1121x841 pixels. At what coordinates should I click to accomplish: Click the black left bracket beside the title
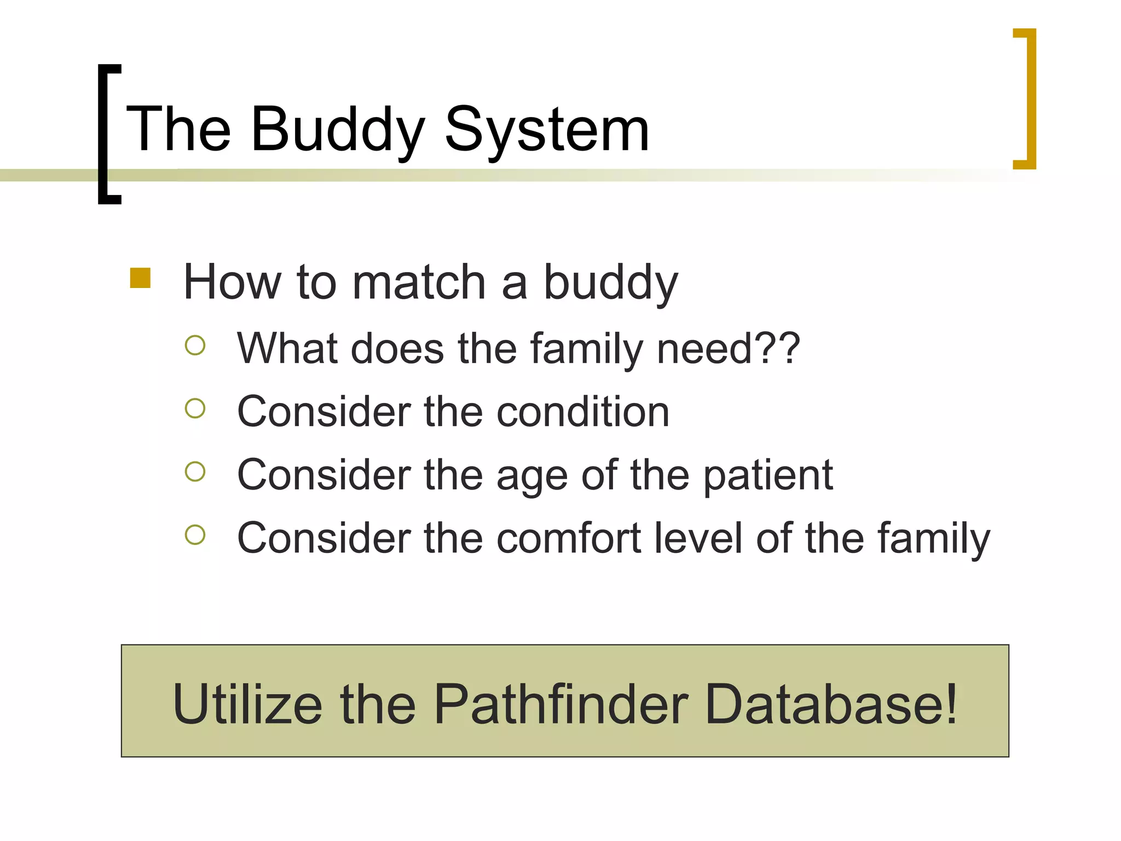point(104,134)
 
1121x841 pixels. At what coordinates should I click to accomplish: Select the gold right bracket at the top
point(1030,99)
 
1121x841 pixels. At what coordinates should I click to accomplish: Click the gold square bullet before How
point(140,278)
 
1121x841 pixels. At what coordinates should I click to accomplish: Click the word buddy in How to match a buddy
point(610,284)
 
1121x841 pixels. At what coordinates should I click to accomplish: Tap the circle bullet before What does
point(195,345)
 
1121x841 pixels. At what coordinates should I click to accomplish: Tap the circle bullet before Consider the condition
point(195,408)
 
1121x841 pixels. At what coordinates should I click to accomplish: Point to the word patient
point(767,475)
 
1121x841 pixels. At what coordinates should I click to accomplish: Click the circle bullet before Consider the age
point(195,471)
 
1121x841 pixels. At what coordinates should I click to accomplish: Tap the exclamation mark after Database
point(951,704)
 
